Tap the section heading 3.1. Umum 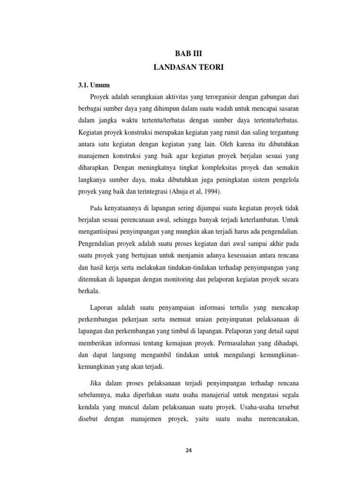[x=94, y=85]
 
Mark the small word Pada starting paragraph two [x=96, y=208]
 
